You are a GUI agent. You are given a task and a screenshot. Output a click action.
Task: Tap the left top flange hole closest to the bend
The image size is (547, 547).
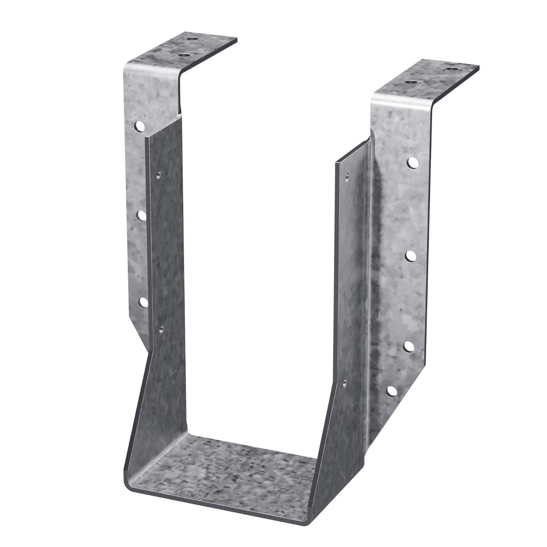point(183,55)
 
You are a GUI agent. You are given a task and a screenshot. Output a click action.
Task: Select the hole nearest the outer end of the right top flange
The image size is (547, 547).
point(452,69)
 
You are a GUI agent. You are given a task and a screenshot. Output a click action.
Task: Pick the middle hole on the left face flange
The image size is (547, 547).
point(141,215)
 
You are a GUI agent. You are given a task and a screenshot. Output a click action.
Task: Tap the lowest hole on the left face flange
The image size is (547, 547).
point(143,301)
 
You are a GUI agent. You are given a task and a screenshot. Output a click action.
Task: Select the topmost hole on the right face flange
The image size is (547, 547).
point(412,162)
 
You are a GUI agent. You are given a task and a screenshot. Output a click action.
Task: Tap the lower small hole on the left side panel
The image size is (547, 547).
point(160,328)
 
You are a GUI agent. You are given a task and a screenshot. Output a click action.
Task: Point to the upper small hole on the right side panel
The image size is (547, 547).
point(346,177)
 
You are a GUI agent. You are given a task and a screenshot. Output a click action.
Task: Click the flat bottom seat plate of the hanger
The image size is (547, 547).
point(225,469)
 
